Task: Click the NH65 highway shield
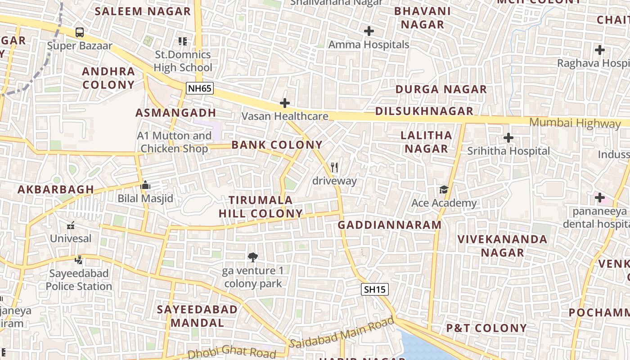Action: point(199,88)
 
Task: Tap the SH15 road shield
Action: point(374,289)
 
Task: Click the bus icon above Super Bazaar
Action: point(80,32)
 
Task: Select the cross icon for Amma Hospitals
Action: point(369,31)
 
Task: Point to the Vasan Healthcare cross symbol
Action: point(284,103)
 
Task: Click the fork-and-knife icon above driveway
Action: point(334,167)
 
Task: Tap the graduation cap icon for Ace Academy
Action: point(444,189)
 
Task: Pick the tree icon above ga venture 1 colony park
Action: point(253,257)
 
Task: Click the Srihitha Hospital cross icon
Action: point(508,138)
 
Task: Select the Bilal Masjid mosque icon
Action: point(145,185)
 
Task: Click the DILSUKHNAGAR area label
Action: point(424,111)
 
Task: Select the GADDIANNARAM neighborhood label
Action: point(390,225)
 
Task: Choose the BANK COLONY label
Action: point(277,145)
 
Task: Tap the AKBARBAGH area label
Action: point(56,189)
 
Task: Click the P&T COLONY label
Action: point(486,328)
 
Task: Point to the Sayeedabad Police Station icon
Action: point(79,260)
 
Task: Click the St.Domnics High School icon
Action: point(182,41)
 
